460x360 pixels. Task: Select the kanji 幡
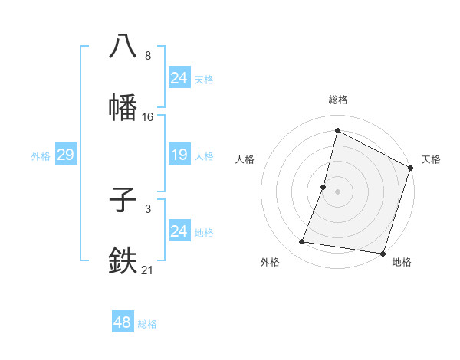123,106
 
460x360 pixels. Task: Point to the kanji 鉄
123,260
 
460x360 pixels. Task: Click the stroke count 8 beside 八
148,56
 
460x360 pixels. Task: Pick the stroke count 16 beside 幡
148,117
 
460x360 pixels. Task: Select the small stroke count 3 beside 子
148,208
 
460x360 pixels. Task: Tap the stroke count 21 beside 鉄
148,270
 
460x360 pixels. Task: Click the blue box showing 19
179,155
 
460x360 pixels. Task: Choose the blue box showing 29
65,155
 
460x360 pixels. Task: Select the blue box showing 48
123,322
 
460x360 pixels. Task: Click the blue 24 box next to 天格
179,78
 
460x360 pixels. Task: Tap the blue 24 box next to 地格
179,231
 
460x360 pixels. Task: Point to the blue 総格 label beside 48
147,324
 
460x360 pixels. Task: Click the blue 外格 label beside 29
41,156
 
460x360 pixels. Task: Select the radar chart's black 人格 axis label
245,159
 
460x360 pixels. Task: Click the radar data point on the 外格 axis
302,242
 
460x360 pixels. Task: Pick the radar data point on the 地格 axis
382,254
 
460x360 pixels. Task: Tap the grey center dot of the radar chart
337,191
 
